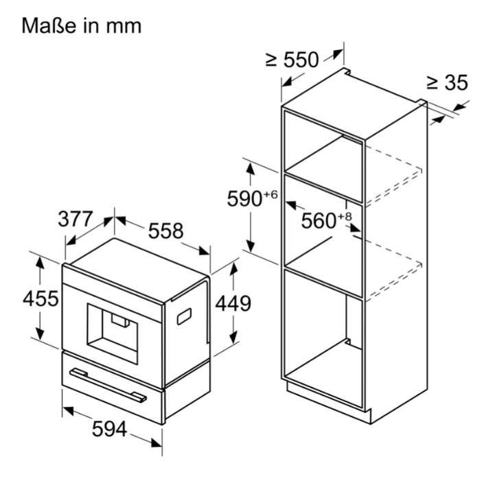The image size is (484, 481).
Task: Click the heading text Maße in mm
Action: (x=82, y=25)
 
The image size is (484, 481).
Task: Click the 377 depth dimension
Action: (x=76, y=219)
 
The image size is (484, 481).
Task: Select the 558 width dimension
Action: (x=165, y=231)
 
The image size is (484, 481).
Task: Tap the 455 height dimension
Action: (x=41, y=298)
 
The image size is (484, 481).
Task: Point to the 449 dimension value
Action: (x=233, y=303)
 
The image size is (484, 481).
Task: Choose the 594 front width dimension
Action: (x=109, y=429)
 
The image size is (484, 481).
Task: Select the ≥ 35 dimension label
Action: (x=447, y=82)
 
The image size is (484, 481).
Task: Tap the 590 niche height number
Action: (x=244, y=199)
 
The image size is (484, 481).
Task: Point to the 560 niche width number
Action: (x=319, y=221)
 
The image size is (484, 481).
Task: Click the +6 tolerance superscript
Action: (x=270, y=195)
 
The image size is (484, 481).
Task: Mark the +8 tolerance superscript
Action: (x=345, y=217)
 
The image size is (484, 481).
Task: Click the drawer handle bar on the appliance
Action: (x=108, y=386)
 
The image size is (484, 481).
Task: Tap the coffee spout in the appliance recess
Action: (x=121, y=320)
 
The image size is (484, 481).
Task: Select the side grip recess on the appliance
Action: (x=184, y=316)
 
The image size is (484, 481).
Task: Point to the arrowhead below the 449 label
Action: (x=233, y=337)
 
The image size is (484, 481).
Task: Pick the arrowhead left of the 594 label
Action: (x=68, y=410)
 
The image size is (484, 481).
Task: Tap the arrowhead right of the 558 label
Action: (x=204, y=250)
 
